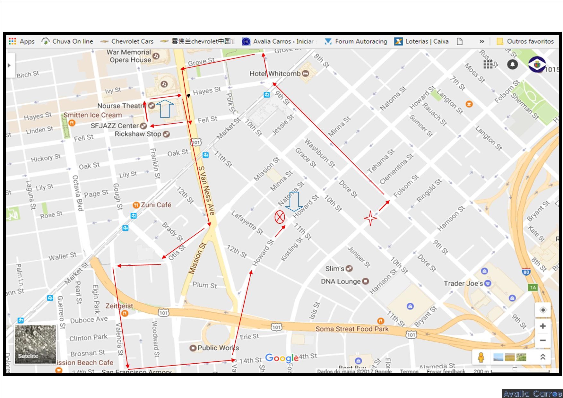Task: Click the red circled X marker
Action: pyautogui.click(x=280, y=217)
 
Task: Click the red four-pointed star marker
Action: pyautogui.click(x=370, y=218)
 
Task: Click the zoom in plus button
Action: pyautogui.click(x=543, y=326)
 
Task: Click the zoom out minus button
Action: pyautogui.click(x=543, y=340)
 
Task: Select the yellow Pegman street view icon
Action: pyautogui.click(x=481, y=357)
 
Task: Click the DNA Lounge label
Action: pyautogui.click(x=341, y=281)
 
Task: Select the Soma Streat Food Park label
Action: pyautogui.click(x=352, y=329)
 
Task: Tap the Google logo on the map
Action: pyautogui.click(x=282, y=358)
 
